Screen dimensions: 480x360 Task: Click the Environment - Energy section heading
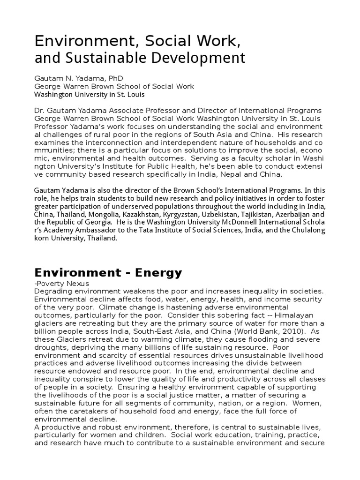(x=108, y=273)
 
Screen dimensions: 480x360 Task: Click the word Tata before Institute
(x=187, y=230)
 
